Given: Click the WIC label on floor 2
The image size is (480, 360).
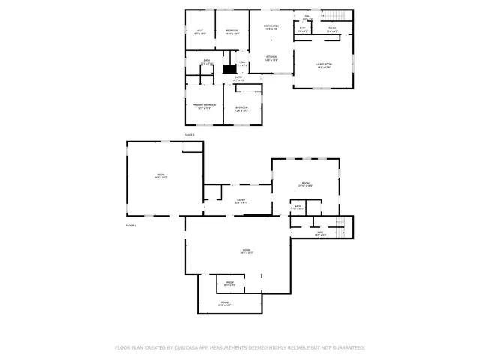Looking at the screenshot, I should click(x=199, y=31).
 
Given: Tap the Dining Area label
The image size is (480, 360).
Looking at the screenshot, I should click(x=271, y=27).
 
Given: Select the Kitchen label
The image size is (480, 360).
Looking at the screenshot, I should click(x=271, y=58).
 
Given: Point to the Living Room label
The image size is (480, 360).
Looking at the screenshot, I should click(x=324, y=65).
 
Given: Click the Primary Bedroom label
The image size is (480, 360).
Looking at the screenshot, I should click(x=204, y=106).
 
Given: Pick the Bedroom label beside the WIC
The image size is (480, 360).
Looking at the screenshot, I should click(x=232, y=31).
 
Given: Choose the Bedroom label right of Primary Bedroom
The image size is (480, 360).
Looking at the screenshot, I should click(x=242, y=108).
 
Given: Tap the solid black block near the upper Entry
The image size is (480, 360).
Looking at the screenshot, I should click(x=229, y=68).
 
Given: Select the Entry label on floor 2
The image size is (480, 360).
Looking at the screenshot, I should click(x=238, y=78).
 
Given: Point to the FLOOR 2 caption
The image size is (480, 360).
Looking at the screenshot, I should click(x=189, y=135).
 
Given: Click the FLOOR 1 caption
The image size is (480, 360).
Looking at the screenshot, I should click(x=130, y=226).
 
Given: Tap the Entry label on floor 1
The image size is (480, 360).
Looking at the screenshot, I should click(x=241, y=201).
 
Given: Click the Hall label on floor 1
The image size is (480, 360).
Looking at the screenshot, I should click(x=320, y=233).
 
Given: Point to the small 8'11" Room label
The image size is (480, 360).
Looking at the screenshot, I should click(x=230, y=283).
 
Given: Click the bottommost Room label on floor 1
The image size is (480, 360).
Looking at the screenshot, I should click(x=224, y=304).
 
